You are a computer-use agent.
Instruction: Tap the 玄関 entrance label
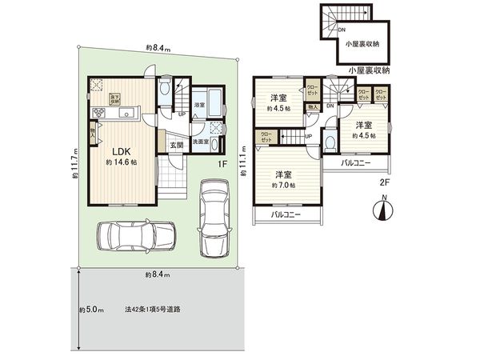pos(176,145)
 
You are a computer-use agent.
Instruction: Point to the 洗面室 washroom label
pos(202,141)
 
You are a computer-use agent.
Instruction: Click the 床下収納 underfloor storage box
pos(115,100)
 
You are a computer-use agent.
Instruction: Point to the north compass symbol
pos(382,210)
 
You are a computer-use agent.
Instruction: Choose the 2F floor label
pos(384,182)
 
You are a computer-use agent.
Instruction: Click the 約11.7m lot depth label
pos(74,165)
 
